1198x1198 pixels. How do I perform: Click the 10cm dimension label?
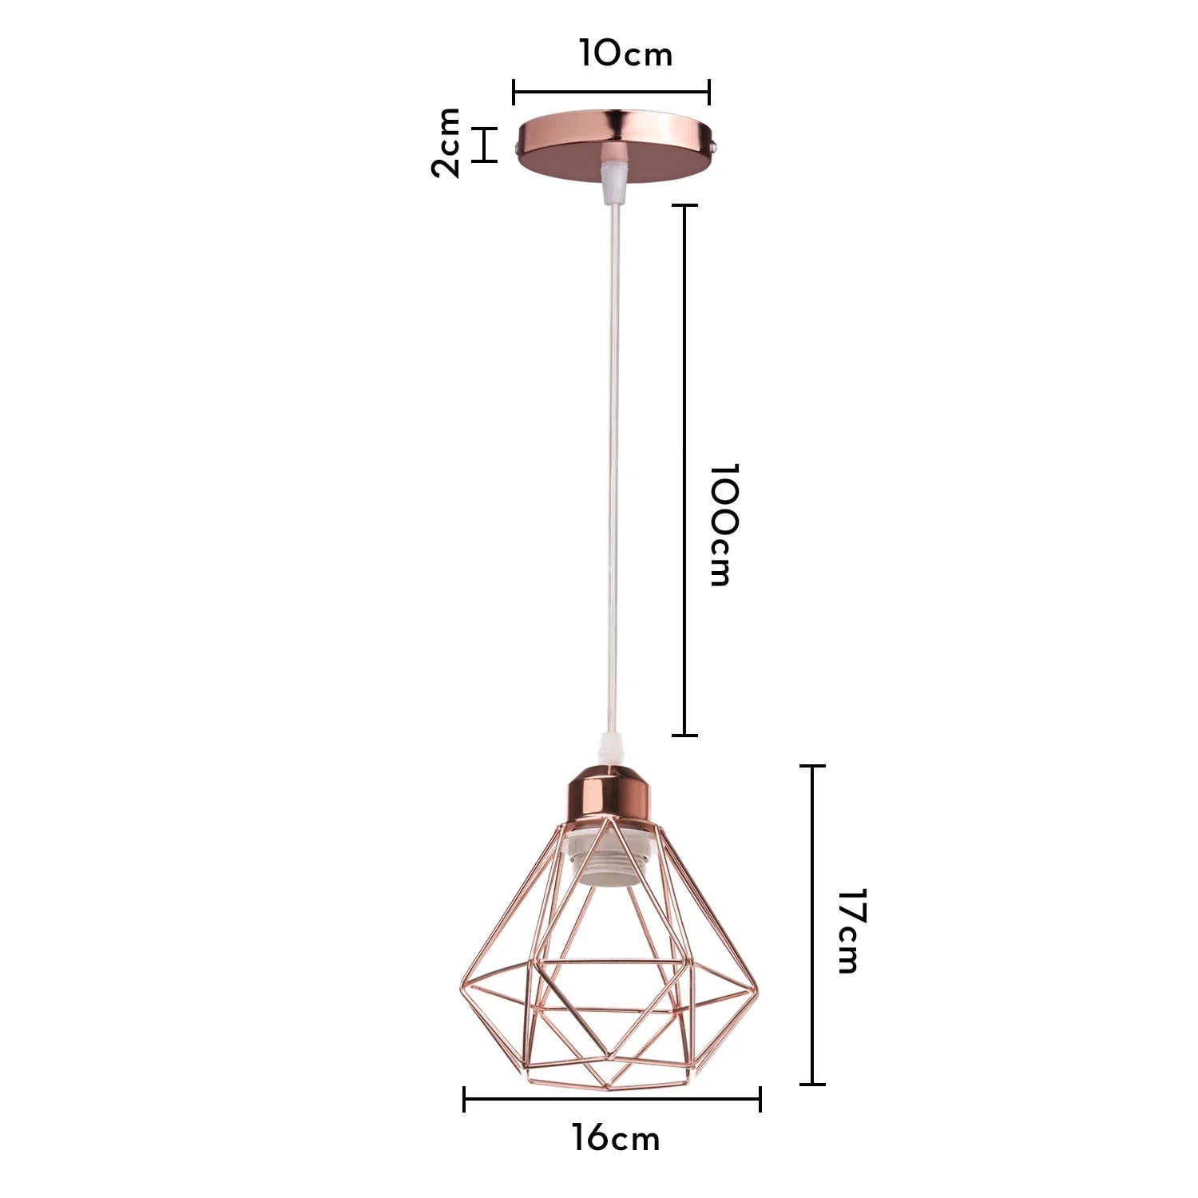(x=625, y=54)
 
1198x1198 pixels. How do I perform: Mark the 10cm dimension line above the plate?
(x=611, y=92)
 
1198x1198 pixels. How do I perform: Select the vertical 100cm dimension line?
(x=684, y=470)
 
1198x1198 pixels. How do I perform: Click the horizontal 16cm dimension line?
(x=612, y=1099)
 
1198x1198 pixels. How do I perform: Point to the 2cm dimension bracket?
(x=484, y=145)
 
